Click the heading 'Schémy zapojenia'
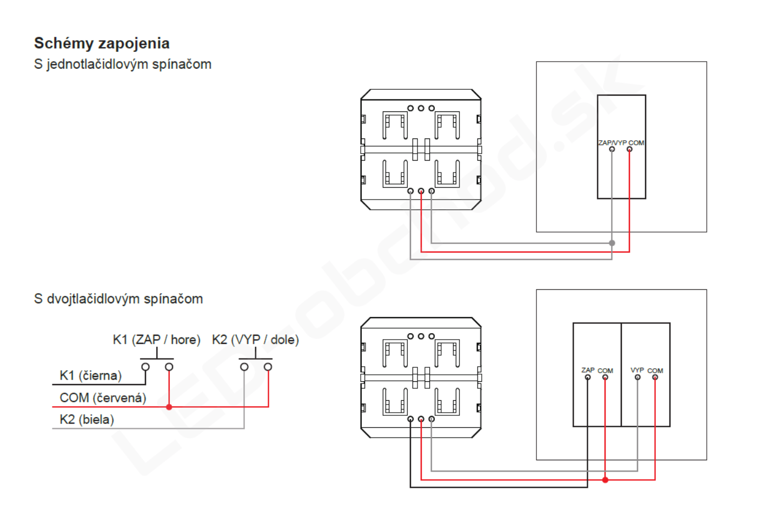102,44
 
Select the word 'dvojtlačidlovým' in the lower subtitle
93,299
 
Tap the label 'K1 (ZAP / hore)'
156,340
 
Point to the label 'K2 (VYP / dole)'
255,340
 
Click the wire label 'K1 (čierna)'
91,375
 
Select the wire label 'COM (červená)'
103,398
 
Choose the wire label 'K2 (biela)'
87,420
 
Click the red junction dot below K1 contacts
169,407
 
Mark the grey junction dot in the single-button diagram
612,243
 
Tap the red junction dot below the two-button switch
605,480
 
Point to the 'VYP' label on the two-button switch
638,370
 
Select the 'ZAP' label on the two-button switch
588,370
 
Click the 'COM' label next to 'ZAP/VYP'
636,143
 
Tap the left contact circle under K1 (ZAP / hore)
145,367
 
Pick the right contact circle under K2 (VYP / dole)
268,367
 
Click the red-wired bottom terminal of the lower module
421,419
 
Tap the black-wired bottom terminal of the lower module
410,419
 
